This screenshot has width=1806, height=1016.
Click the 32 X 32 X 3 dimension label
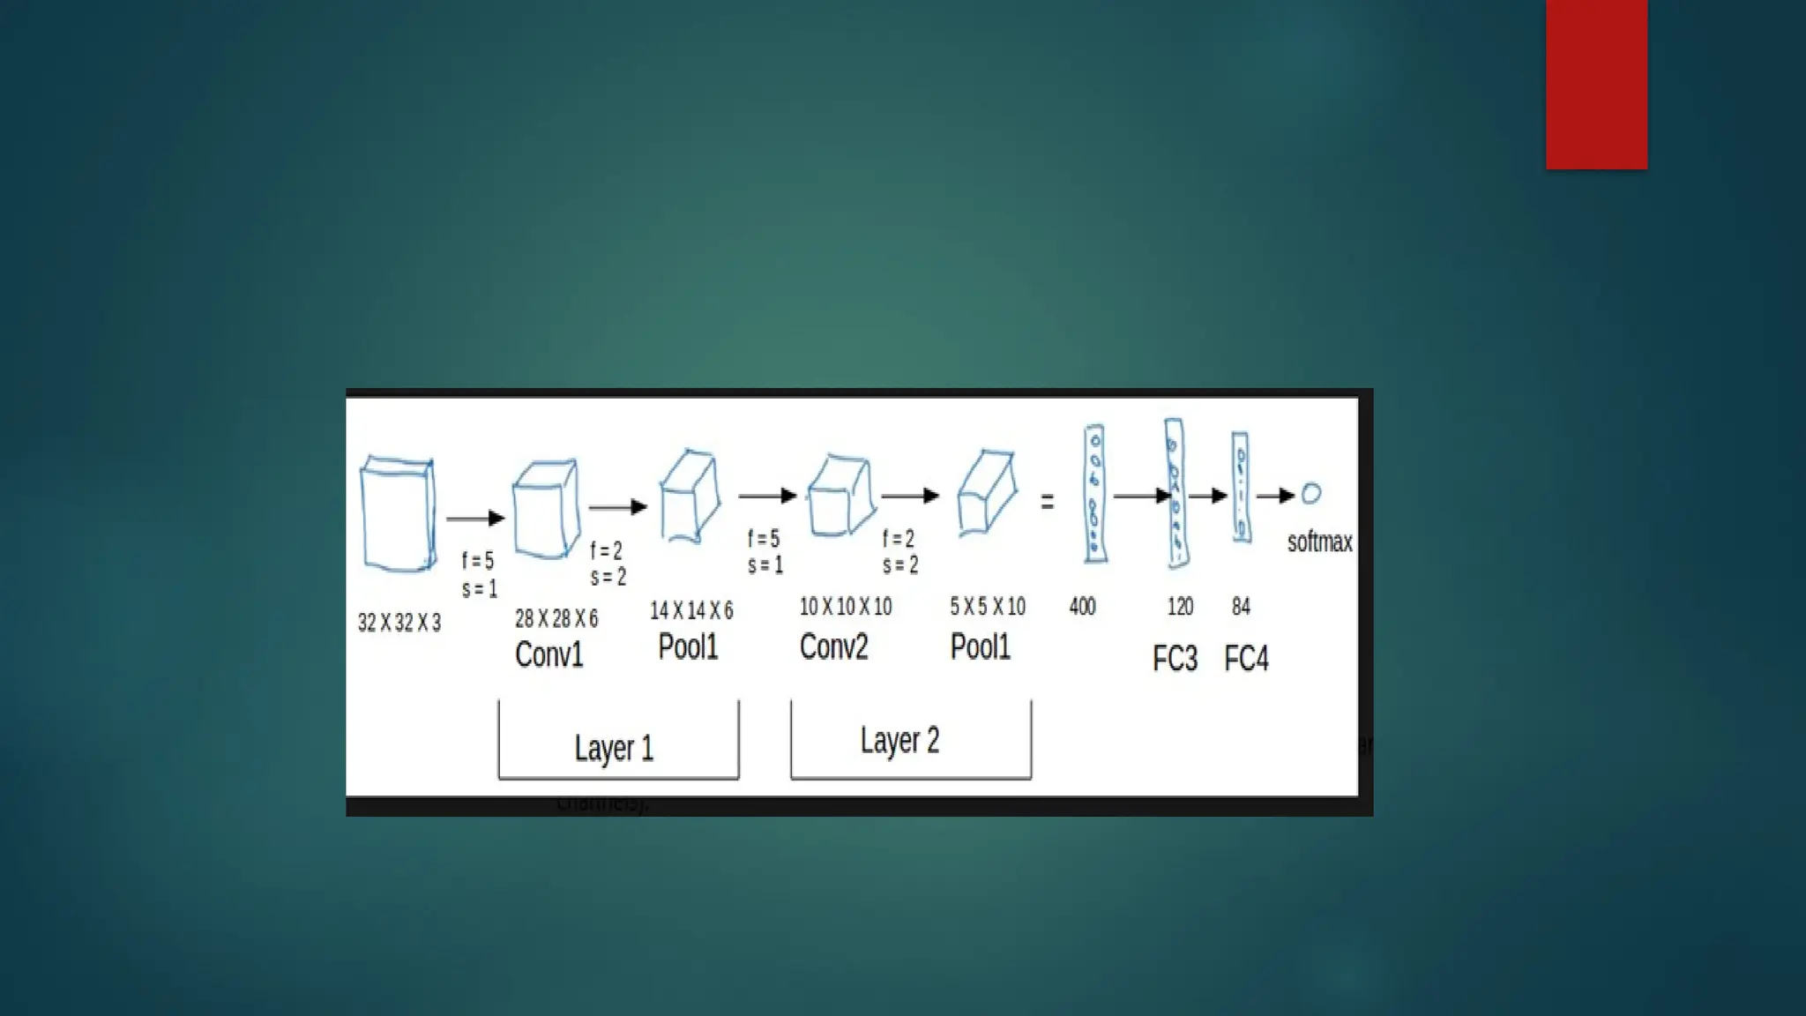tap(399, 623)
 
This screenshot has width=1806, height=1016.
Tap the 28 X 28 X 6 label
tap(556, 618)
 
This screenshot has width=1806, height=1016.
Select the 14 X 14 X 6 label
tap(691, 610)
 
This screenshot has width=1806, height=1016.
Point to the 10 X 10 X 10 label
tap(846, 607)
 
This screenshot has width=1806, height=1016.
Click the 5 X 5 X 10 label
tap(988, 607)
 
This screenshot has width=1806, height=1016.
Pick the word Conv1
tap(549, 654)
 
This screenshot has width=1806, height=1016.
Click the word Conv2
tap(833, 646)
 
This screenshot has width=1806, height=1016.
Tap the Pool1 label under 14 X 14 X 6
tap(688, 646)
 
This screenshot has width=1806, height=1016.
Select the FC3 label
tap(1175, 659)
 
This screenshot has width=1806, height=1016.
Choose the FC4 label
tap(1246, 659)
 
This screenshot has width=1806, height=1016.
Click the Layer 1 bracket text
tap(614, 748)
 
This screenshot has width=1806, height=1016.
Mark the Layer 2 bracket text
tap(899, 740)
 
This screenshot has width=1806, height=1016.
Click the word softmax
tap(1319, 542)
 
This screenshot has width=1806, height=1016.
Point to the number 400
tap(1082, 607)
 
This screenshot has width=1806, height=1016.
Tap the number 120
tap(1180, 607)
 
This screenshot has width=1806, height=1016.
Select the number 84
tap(1241, 607)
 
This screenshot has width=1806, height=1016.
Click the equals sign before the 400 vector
tap(1048, 503)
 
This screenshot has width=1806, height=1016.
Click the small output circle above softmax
tap(1311, 494)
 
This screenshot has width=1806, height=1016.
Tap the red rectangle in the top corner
tap(1596, 84)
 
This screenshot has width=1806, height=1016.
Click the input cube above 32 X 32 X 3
tap(398, 514)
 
